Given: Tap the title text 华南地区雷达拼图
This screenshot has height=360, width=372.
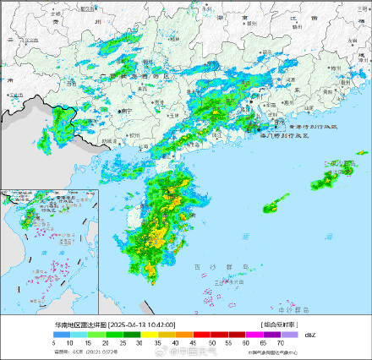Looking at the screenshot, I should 80,325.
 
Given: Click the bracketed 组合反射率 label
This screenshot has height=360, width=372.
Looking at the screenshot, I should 279,325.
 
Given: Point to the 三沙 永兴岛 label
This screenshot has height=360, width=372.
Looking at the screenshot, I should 222,283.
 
